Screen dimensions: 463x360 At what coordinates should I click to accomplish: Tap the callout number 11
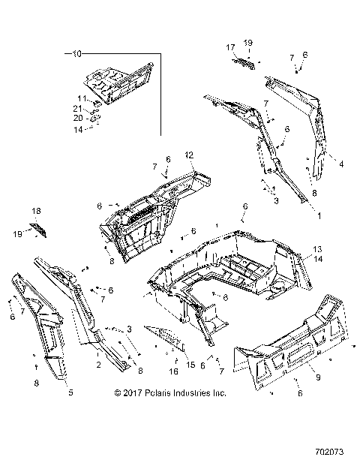[x=82, y=98]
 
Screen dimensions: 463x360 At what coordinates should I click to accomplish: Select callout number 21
[x=78, y=108]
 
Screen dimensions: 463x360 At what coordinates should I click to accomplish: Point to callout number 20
[x=78, y=118]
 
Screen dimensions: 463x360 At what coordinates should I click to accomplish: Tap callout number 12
[x=190, y=155]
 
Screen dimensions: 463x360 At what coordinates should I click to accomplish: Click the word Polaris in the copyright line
[x=158, y=392]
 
